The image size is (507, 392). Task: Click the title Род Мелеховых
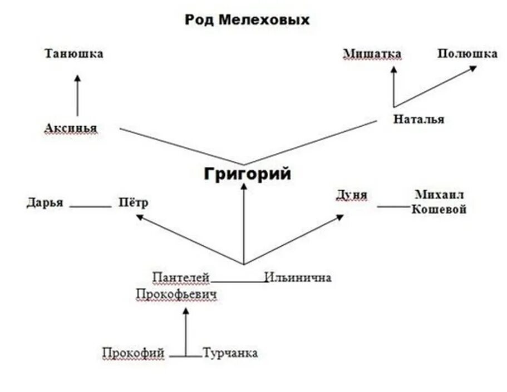247,21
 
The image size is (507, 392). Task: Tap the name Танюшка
74,54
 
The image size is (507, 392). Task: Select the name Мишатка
372,54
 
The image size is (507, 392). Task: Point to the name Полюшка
467,54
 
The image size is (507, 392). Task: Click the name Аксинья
71,128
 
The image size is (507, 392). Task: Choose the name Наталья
419,119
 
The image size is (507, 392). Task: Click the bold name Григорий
247,174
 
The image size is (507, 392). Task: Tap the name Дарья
45,203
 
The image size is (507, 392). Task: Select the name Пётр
134,203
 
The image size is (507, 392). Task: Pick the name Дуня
351,195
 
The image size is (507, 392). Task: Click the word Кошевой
439,210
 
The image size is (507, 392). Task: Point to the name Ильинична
298,277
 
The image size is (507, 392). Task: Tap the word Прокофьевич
176,295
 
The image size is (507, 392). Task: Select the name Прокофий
134,353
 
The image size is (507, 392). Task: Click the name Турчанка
230,353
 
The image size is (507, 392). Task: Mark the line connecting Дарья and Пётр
91,207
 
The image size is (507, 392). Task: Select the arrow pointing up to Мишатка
394,86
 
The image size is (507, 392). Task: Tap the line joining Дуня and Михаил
392,207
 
